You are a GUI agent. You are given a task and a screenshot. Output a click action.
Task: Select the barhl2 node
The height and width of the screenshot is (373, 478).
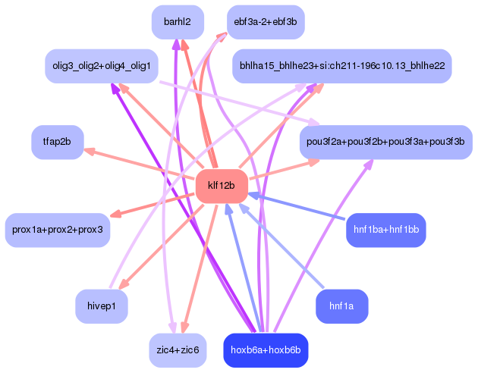coord(177,22)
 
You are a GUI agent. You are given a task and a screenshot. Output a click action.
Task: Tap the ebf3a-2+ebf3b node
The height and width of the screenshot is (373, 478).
coord(266,22)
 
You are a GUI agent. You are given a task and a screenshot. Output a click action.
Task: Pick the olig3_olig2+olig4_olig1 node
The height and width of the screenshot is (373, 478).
coord(102,66)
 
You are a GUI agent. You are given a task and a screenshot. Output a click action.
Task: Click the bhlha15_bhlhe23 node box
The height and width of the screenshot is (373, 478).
coord(342,66)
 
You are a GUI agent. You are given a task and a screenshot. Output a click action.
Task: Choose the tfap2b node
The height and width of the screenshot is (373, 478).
coord(57,142)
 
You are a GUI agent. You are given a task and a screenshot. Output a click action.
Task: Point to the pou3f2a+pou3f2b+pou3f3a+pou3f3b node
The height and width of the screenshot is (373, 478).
coord(385,142)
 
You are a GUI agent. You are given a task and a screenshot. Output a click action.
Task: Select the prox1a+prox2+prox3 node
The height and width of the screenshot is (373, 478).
coord(58,229)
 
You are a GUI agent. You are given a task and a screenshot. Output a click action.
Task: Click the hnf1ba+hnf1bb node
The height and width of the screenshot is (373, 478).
coord(386,229)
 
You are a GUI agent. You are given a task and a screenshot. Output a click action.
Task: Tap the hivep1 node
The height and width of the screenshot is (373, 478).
coord(102,306)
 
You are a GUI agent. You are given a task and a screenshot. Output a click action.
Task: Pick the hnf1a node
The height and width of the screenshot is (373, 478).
coord(341,306)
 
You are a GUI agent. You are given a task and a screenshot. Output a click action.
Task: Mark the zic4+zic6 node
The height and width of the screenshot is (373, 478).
coord(178,349)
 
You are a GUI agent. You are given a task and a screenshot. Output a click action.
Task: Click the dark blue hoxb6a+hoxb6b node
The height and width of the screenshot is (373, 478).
coord(266,349)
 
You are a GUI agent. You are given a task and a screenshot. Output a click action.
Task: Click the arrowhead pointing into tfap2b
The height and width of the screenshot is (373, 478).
coord(90,151)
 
